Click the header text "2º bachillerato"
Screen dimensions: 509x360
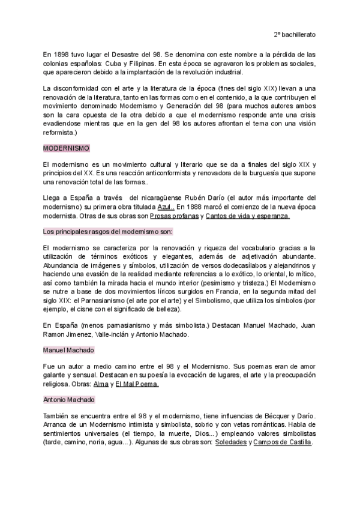pyautogui.click(x=295, y=34)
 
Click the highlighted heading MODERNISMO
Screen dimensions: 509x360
pyautogui.click(x=66, y=148)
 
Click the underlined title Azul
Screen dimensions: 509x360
pyautogui.click(x=166, y=206)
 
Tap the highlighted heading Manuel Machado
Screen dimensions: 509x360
pyautogui.click(x=68, y=349)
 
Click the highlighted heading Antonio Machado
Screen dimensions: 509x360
pyautogui.click(x=68, y=399)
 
